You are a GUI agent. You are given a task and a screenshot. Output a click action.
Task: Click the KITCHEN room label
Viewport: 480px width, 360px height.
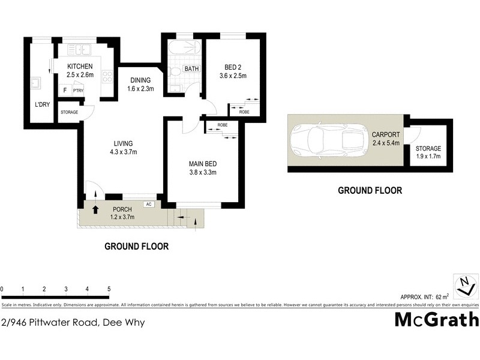pyautogui.click(x=80, y=66)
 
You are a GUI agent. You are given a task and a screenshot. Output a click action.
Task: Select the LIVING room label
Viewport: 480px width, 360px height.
pyautogui.click(x=123, y=143)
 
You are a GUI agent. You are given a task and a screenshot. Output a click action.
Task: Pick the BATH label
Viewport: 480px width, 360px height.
pyautogui.click(x=191, y=69)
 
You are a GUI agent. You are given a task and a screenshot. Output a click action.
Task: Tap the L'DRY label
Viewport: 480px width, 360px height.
pyautogui.click(x=42, y=104)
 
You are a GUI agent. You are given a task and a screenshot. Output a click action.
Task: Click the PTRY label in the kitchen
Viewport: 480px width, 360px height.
pyautogui.click(x=79, y=90)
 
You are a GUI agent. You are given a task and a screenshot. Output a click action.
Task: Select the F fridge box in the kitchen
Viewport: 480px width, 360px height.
pyautogui.click(x=65, y=90)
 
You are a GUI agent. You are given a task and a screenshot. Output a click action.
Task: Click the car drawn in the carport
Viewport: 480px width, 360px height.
pyautogui.click(x=329, y=140)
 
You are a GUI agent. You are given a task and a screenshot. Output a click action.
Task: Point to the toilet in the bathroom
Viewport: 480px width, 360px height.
pyautogui.click(x=175, y=71)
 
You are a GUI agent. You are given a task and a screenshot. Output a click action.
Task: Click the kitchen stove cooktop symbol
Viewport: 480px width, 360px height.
pyautogui.click(x=108, y=76)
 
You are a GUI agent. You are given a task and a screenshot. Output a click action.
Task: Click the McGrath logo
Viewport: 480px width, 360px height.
pyautogui.click(x=436, y=320)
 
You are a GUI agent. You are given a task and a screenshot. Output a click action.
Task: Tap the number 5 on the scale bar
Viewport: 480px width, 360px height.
pyautogui.click(x=109, y=289)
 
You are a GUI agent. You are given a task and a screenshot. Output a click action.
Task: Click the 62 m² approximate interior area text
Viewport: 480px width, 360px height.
pyautogui.click(x=442, y=296)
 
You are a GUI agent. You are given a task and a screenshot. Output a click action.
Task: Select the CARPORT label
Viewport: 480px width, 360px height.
pyautogui.click(x=386, y=134)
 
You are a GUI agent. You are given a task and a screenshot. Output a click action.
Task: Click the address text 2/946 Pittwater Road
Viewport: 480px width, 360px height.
pyautogui.click(x=73, y=322)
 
